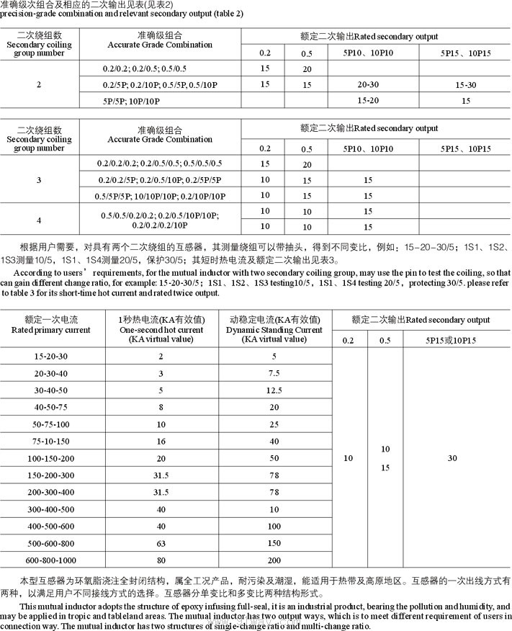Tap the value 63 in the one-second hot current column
161,542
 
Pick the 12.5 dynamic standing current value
274,390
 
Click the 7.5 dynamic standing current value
274,374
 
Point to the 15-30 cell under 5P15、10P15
466,85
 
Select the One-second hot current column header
161,328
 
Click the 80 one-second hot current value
161,560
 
